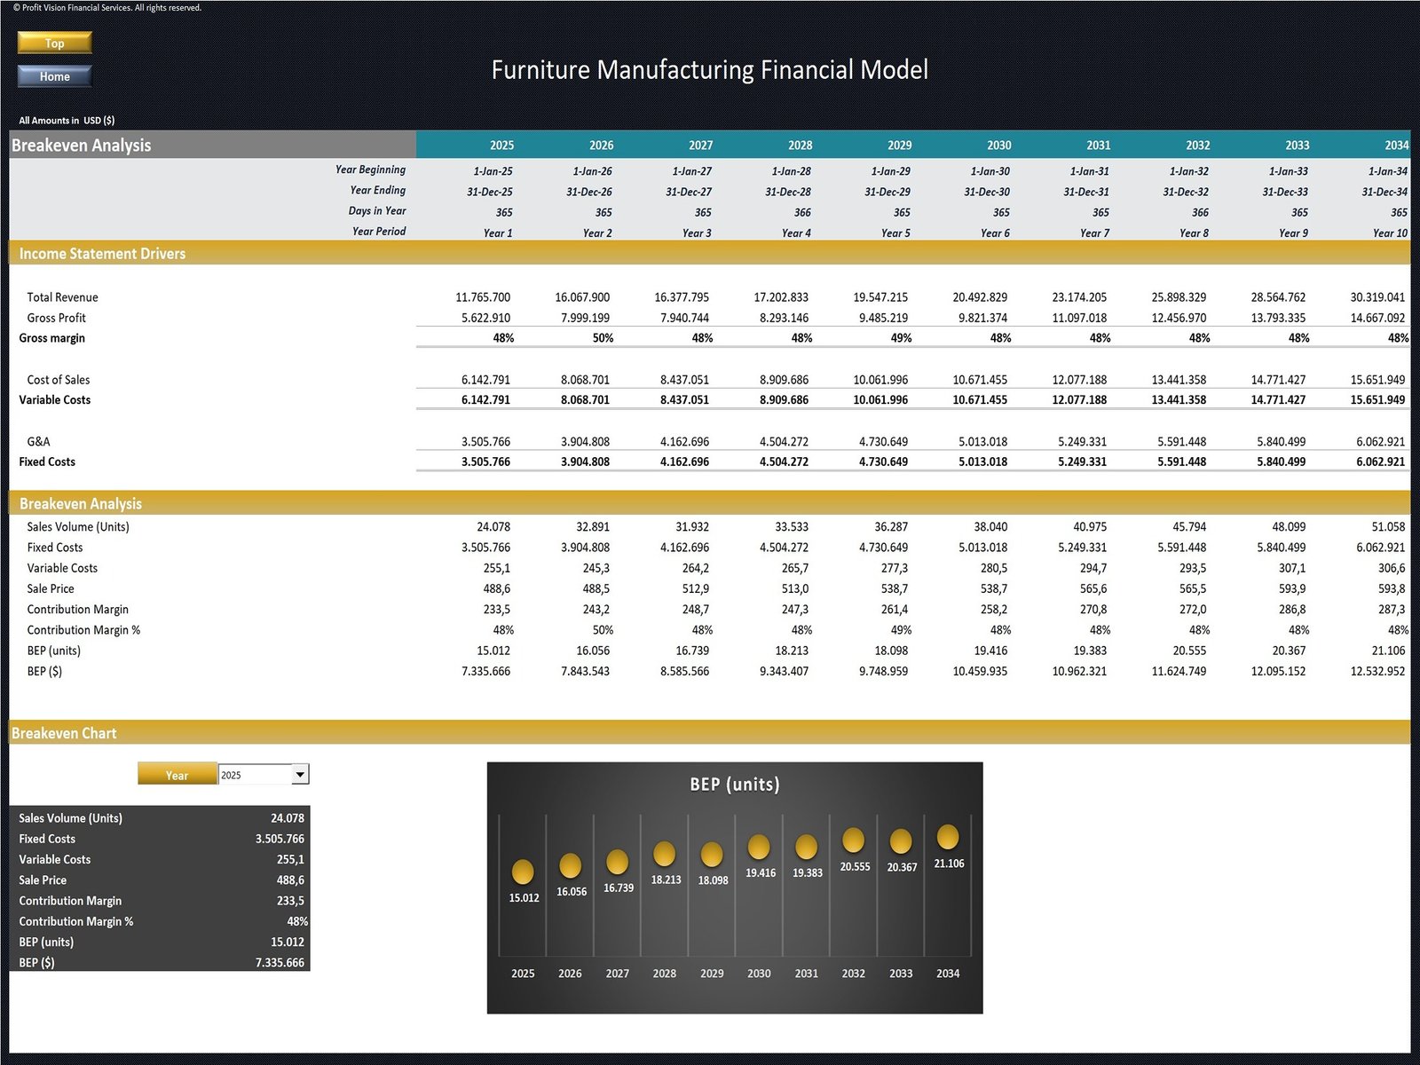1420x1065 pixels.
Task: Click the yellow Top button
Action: [54, 43]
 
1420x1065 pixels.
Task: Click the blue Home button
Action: [54, 76]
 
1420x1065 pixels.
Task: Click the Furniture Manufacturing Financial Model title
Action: [709, 70]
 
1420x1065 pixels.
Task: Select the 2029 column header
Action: [899, 145]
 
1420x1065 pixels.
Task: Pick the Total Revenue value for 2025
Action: [483, 297]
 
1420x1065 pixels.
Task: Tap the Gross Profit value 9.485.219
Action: [880, 318]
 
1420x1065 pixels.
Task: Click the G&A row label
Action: [39, 441]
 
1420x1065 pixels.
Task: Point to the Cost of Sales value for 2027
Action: [684, 380]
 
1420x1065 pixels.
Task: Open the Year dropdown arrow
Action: [300, 775]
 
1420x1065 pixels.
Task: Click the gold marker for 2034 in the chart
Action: [948, 836]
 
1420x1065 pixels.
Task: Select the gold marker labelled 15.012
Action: [523, 871]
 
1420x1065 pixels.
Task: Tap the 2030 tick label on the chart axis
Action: [759, 974]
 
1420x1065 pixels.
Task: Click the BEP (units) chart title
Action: [735, 785]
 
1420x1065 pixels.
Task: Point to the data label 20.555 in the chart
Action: [855, 866]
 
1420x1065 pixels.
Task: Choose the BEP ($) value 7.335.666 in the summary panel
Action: [280, 963]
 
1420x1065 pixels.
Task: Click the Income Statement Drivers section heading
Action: [102, 254]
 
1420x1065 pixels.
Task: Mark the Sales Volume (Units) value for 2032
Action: [1188, 527]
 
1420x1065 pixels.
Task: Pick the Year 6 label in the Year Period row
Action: [995, 233]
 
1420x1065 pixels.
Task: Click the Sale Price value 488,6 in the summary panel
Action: [290, 880]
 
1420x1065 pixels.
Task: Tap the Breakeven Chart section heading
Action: [64, 733]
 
